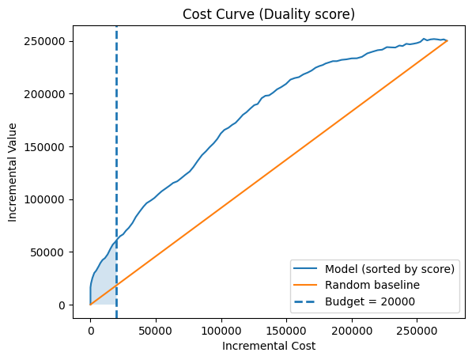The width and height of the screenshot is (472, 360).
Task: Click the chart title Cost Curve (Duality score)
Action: (269, 14)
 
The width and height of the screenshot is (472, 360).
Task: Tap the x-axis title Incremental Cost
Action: (269, 346)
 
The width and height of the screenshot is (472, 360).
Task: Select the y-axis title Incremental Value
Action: (12, 172)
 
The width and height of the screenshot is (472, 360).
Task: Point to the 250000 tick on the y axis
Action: (44, 41)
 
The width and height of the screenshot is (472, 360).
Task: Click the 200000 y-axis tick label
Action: (44, 94)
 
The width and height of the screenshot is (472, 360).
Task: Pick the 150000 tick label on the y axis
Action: (44, 147)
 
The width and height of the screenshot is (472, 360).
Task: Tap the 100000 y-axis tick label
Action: (44, 199)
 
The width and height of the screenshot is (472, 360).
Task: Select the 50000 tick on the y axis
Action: (47, 252)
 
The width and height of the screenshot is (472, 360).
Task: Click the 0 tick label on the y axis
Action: (62, 305)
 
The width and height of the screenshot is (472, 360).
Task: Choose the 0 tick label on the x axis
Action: (91, 331)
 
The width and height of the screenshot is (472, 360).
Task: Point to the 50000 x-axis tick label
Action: (156, 331)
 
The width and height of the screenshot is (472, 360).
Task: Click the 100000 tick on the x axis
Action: (221, 331)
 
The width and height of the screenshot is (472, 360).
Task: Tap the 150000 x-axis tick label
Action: (286, 331)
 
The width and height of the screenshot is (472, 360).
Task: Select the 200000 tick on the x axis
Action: (352, 331)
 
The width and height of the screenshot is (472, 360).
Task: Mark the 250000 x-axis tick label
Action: (417, 331)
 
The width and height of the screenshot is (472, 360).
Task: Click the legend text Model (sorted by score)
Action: (390, 269)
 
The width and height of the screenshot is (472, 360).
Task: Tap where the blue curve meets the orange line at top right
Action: (447, 40)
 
